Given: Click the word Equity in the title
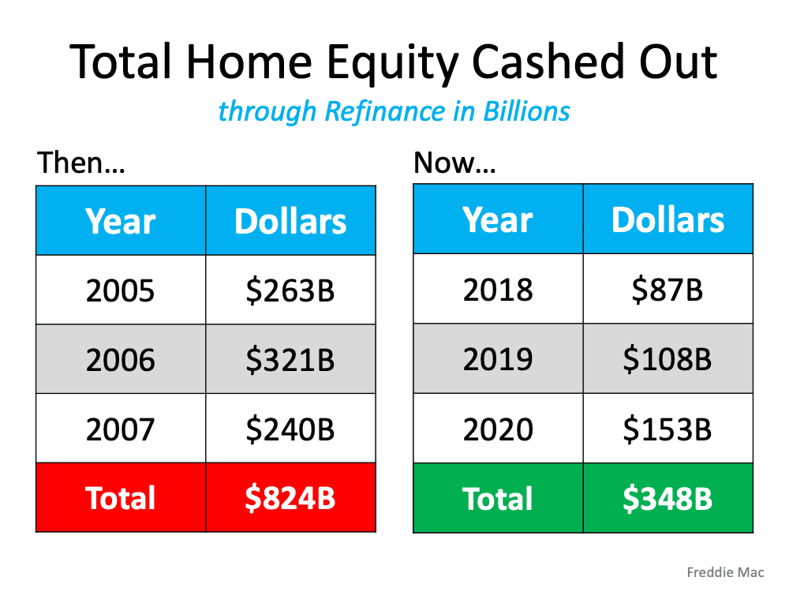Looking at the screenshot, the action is pyautogui.click(x=392, y=64).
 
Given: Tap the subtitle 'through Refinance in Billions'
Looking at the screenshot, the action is pyautogui.click(x=394, y=111).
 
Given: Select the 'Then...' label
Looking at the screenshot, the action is pyautogui.click(x=81, y=163).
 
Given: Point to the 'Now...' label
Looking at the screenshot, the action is pyautogui.click(x=454, y=163).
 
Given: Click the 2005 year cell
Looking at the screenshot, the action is pyautogui.click(x=121, y=290).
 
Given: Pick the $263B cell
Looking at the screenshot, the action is pyautogui.click(x=291, y=290).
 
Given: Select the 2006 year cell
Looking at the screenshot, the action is pyautogui.click(x=121, y=359).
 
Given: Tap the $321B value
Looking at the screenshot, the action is pyautogui.click(x=290, y=360).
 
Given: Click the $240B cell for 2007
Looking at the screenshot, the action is pyautogui.click(x=291, y=429).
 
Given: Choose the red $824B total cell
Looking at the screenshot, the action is pyautogui.click(x=291, y=497).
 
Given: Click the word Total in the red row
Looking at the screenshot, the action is pyautogui.click(x=120, y=498).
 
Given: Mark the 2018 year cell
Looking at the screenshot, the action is pyautogui.click(x=498, y=288).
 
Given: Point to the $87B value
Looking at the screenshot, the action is pyautogui.click(x=667, y=290).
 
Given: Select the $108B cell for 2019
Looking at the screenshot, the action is pyautogui.click(x=668, y=358).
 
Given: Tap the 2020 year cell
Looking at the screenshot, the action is pyautogui.click(x=498, y=429).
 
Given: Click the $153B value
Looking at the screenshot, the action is pyautogui.click(x=667, y=429).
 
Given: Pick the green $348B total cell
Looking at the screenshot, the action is pyautogui.click(x=668, y=498).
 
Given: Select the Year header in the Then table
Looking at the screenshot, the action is pyautogui.click(x=121, y=221).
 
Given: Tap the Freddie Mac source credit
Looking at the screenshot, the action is pyautogui.click(x=725, y=572).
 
